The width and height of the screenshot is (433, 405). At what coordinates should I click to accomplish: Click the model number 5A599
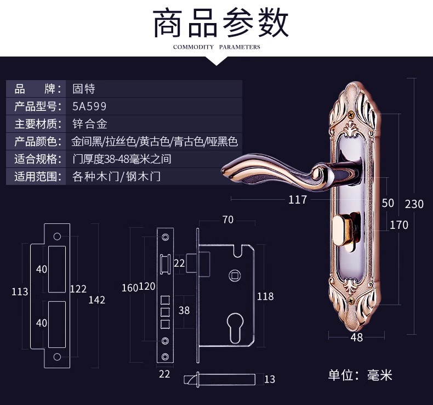click(x=89, y=106)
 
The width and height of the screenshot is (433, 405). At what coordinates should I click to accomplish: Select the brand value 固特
click(x=84, y=89)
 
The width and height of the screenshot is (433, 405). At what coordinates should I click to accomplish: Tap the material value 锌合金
click(x=90, y=124)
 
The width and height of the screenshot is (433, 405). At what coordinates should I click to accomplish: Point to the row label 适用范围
click(x=38, y=176)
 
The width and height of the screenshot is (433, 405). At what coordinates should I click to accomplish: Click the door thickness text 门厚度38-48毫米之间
click(x=122, y=159)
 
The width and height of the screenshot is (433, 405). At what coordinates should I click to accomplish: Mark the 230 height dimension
click(x=414, y=204)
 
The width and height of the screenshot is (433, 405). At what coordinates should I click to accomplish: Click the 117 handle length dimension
click(x=298, y=200)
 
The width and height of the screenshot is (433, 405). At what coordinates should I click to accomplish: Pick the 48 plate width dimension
click(x=356, y=337)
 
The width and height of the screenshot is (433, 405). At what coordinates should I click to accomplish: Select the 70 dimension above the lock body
click(x=228, y=220)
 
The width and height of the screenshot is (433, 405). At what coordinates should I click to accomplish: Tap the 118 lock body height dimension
click(x=265, y=296)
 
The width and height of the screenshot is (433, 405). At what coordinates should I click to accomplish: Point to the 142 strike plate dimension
click(x=96, y=300)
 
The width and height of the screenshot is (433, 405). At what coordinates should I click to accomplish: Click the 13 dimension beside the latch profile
click(x=270, y=379)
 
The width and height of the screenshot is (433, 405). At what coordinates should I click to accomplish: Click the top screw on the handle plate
click(x=351, y=114)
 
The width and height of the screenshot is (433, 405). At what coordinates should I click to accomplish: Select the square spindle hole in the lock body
click(x=235, y=275)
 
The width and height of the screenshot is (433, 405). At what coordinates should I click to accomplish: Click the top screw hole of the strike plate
click(x=57, y=237)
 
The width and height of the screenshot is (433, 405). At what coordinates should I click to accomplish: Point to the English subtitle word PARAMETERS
click(x=240, y=47)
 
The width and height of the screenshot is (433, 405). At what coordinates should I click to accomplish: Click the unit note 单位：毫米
click(x=360, y=375)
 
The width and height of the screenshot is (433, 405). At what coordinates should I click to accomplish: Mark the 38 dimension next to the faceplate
click(x=184, y=310)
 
